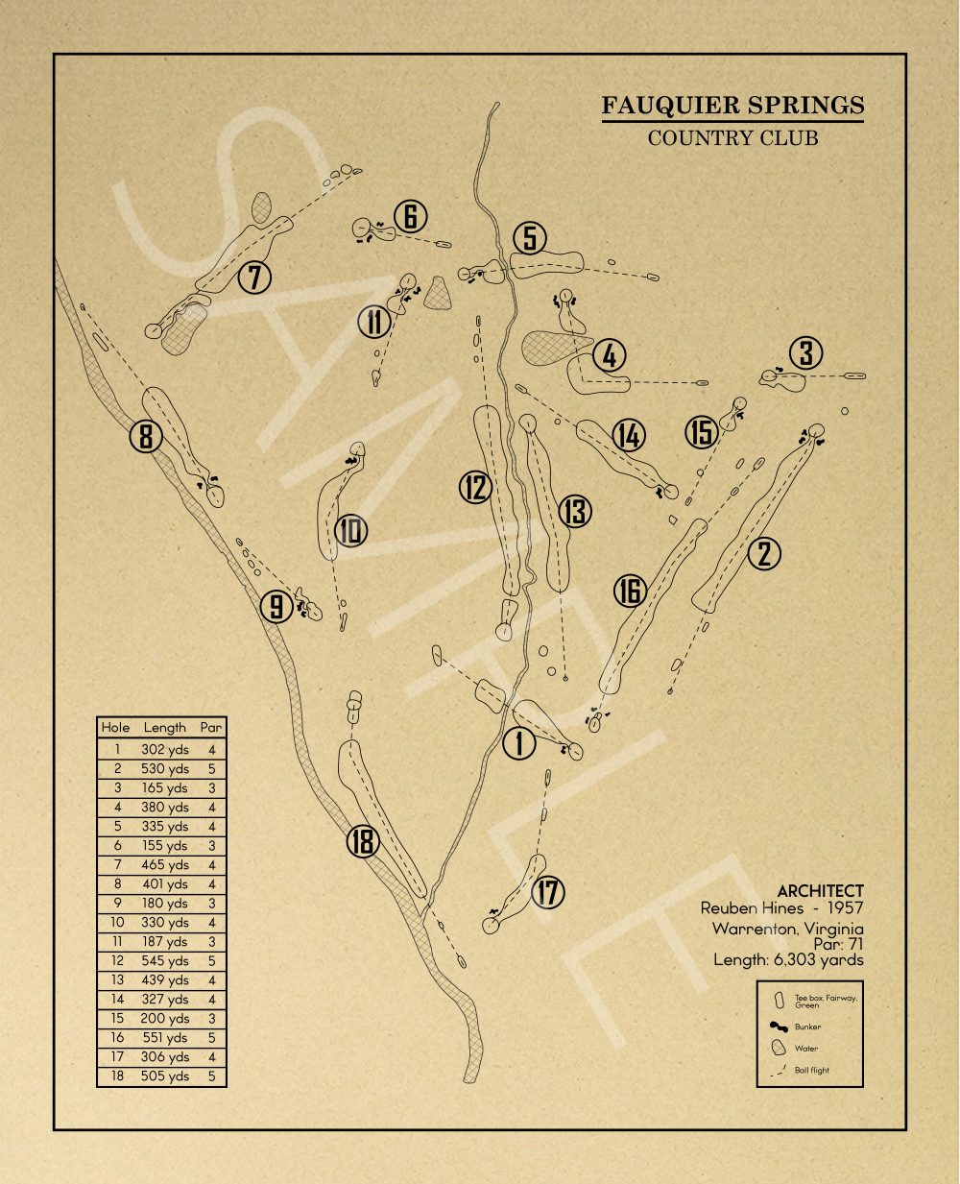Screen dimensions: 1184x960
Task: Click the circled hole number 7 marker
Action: coord(254,278)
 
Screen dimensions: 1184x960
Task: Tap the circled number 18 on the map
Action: coord(363,842)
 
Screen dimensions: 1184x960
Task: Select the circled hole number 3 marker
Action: coord(806,353)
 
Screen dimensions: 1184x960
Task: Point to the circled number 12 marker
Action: coord(475,487)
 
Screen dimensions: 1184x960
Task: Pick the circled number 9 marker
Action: coord(276,606)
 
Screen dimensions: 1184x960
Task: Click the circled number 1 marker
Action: coord(519,743)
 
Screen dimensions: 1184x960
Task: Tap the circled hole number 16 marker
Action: coord(630,591)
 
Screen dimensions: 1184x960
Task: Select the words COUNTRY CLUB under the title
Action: coord(732,137)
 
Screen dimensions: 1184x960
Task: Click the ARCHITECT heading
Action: coord(820,891)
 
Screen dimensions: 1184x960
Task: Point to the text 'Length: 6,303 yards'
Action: coord(788,959)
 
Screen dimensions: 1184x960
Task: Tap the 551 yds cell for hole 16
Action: coord(165,1038)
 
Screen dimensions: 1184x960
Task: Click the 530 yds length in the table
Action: coord(165,769)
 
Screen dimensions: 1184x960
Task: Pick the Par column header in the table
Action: coord(211,728)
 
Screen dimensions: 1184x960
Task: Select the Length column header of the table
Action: coord(165,728)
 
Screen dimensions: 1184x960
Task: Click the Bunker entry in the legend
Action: coord(807,1027)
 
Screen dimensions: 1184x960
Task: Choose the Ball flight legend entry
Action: coord(811,1070)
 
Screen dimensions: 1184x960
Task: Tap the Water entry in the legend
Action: coord(806,1049)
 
